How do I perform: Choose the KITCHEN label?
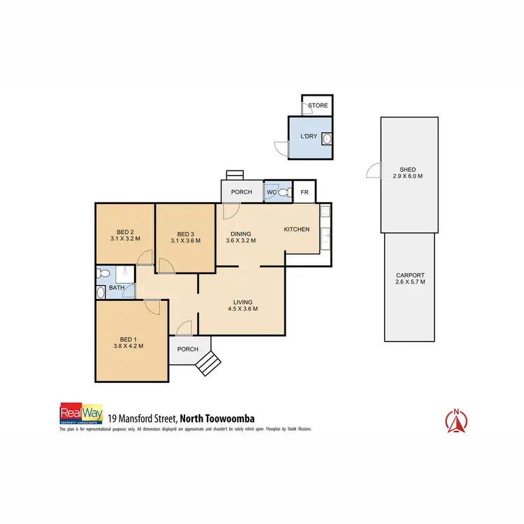[296, 229]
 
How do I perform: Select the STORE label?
[318, 105]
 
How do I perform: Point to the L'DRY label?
[309, 136]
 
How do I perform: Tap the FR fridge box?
[305, 192]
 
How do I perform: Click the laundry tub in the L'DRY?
[326, 139]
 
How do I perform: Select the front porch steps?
[209, 363]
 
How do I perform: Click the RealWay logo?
[82, 414]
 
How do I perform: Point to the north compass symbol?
[456, 419]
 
